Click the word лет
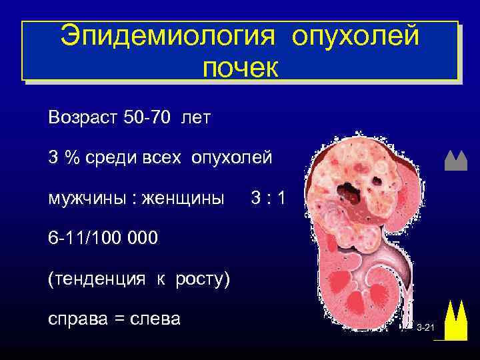click(195, 118)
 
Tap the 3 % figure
click(61, 158)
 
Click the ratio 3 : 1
click(267, 198)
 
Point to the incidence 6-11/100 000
click(103, 238)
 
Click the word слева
click(157, 318)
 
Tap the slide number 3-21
click(425, 329)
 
